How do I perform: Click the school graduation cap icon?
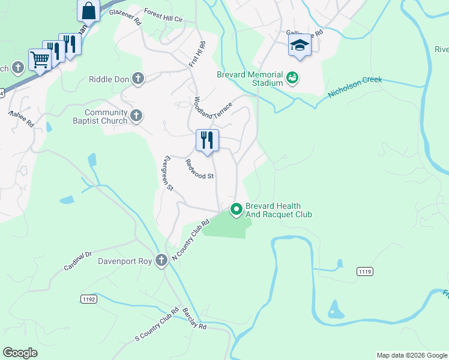300,46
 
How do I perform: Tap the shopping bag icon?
89,11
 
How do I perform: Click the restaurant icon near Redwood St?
207,140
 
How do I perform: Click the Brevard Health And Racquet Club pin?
237,209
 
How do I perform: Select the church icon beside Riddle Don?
138,79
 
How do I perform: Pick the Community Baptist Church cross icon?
136,116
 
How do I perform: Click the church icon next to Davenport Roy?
161,260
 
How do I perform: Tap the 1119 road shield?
364,272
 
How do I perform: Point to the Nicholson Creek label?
355,88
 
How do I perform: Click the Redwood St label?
199,169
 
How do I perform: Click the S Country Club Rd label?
157,325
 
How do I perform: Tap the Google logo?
20,353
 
